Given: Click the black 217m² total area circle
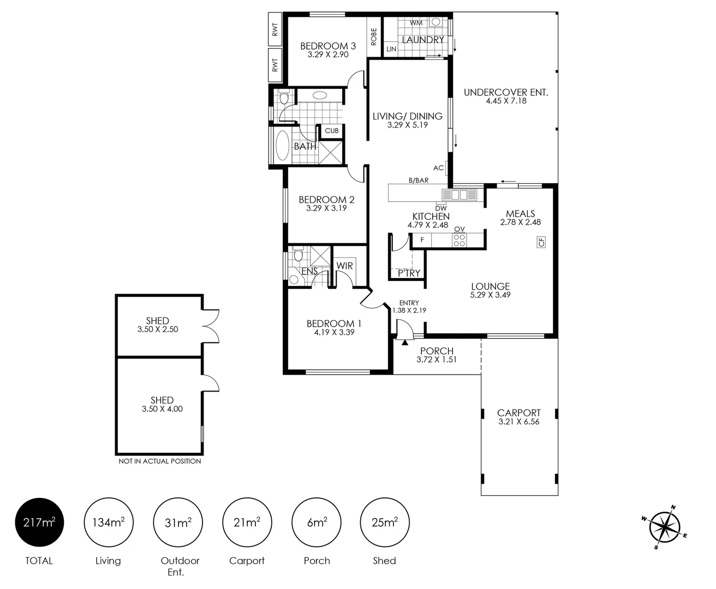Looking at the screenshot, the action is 39,522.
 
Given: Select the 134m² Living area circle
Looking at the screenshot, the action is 109,522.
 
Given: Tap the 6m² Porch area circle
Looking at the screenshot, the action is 317,522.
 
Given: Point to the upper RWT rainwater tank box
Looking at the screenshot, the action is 275,29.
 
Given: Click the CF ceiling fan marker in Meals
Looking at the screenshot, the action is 541,242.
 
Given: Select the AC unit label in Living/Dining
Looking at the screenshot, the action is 438,167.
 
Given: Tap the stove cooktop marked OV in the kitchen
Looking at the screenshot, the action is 460,240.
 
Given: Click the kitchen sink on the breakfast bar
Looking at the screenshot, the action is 460,195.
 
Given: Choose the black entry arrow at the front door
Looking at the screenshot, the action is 405,342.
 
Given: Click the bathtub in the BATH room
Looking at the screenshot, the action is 283,146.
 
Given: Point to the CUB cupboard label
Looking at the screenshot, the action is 332,131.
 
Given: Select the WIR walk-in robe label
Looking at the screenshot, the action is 344,266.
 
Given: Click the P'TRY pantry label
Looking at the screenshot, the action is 409,273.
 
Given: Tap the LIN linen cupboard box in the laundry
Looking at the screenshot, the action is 391,49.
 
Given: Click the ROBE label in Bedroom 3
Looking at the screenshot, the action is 374,37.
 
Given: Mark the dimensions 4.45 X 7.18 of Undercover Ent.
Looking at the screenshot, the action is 506,101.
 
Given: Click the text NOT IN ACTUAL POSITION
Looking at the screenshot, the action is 159,461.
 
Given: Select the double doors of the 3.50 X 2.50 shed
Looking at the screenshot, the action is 211,326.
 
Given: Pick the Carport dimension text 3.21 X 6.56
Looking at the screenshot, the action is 519,422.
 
